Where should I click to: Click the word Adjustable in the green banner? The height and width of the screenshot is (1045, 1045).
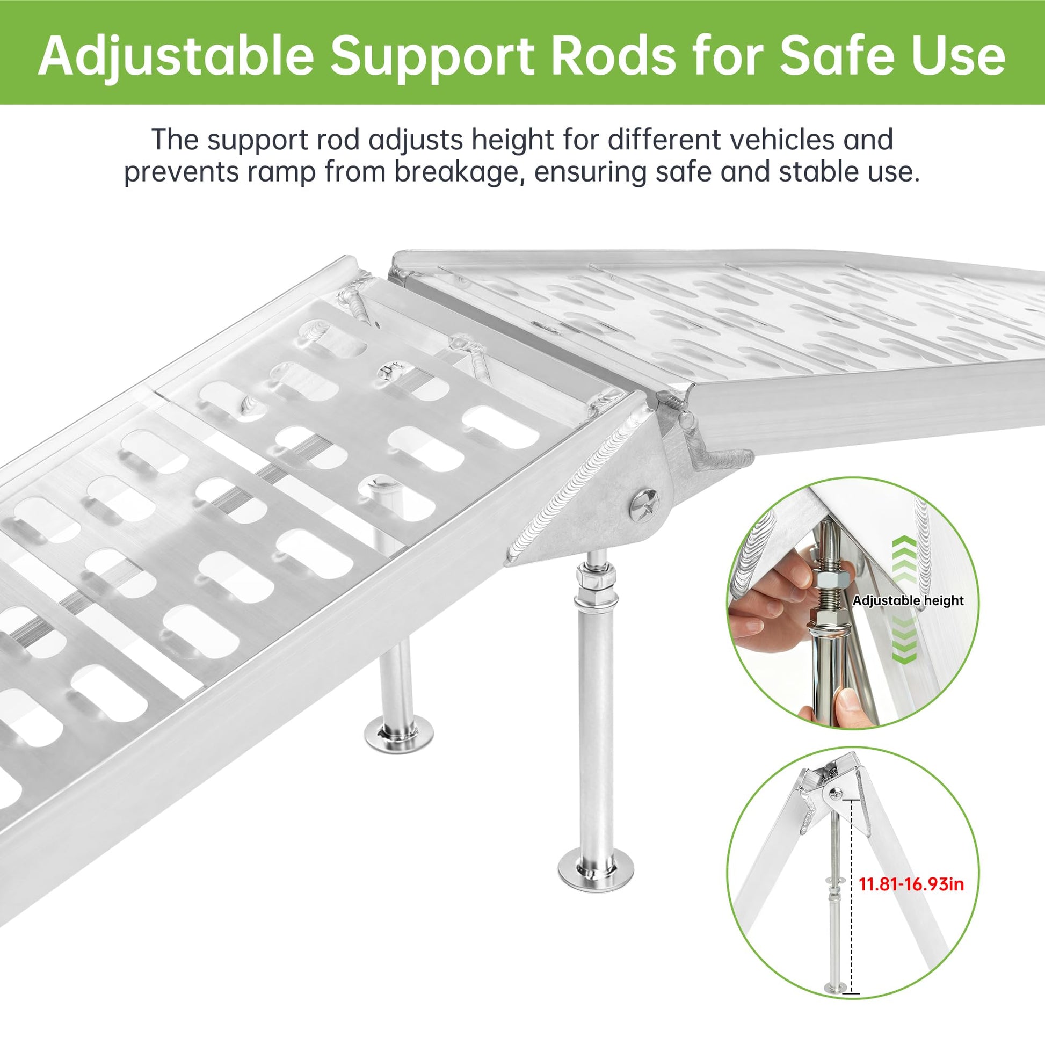point(176,56)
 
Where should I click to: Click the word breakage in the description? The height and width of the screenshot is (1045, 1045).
point(459,172)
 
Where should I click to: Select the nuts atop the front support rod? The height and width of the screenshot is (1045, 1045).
point(594,584)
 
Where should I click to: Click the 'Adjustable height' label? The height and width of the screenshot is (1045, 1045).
point(908,600)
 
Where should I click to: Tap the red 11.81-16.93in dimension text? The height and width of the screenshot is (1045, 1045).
point(911,884)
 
